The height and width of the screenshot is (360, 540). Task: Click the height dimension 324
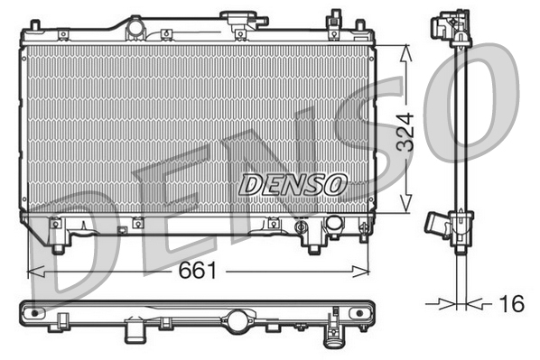click(408, 130)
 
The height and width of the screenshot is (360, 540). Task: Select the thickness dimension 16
click(511, 304)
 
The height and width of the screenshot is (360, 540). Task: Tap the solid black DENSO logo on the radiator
click(293, 184)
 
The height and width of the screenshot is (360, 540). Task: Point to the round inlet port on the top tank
click(136, 29)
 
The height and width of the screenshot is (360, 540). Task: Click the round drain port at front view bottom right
click(333, 223)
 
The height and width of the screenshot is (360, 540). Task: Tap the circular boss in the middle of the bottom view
click(239, 318)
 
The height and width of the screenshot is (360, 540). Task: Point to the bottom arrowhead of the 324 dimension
click(408, 210)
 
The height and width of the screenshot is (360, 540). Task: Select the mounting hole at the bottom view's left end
click(36, 313)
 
